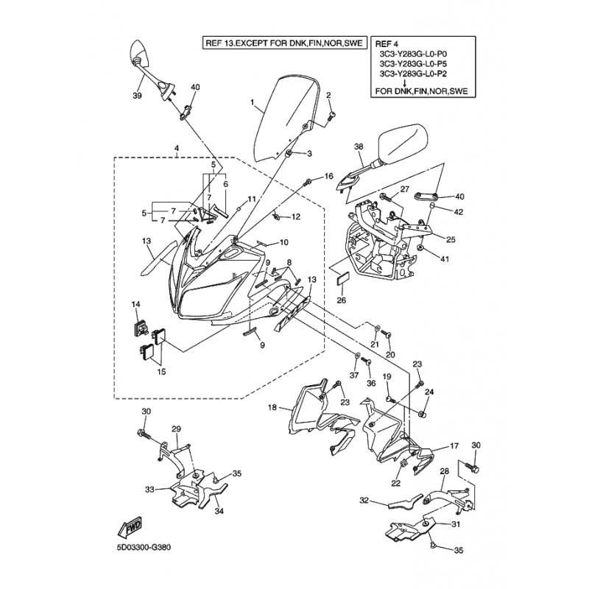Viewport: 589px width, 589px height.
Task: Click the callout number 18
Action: [272, 407]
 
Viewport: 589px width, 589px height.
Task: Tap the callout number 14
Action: [135, 304]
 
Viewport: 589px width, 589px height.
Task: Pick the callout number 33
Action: [149, 489]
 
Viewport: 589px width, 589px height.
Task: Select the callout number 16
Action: [328, 176]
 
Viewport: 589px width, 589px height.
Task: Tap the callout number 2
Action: [328, 95]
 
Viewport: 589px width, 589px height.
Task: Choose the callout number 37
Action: [353, 375]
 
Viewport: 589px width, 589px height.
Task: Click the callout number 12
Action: [296, 217]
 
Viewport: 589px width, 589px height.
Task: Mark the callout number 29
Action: [176, 429]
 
